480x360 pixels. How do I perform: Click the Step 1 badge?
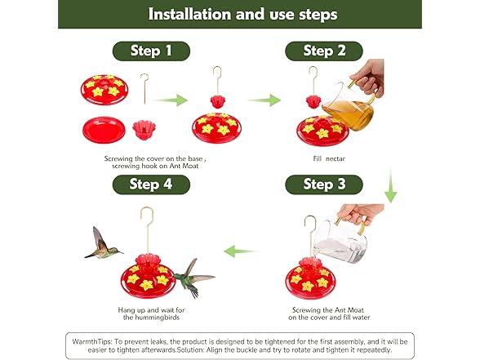click(x=151, y=51)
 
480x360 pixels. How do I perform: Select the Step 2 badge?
click(x=324, y=51)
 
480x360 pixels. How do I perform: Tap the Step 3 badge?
click(x=324, y=184)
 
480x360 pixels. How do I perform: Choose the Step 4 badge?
click(x=151, y=184)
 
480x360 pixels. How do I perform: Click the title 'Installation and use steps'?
click(x=242, y=14)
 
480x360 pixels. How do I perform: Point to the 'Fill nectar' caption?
click(x=329, y=158)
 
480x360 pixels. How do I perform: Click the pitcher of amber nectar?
click(x=349, y=105)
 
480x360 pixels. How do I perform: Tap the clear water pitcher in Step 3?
click(x=340, y=240)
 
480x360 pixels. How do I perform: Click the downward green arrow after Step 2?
click(x=390, y=185)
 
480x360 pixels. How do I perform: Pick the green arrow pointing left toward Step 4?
click(x=242, y=251)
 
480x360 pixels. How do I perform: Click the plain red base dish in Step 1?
click(x=104, y=130)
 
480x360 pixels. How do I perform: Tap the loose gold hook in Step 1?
click(x=144, y=89)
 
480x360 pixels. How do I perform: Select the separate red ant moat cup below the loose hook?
click(x=144, y=130)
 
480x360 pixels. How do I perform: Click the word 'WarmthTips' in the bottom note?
click(x=92, y=341)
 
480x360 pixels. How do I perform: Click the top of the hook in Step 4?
click(x=147, y=208)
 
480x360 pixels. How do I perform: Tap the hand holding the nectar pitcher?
click(x=368, y=77)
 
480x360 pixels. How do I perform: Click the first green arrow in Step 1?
click(x=170, y=100)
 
